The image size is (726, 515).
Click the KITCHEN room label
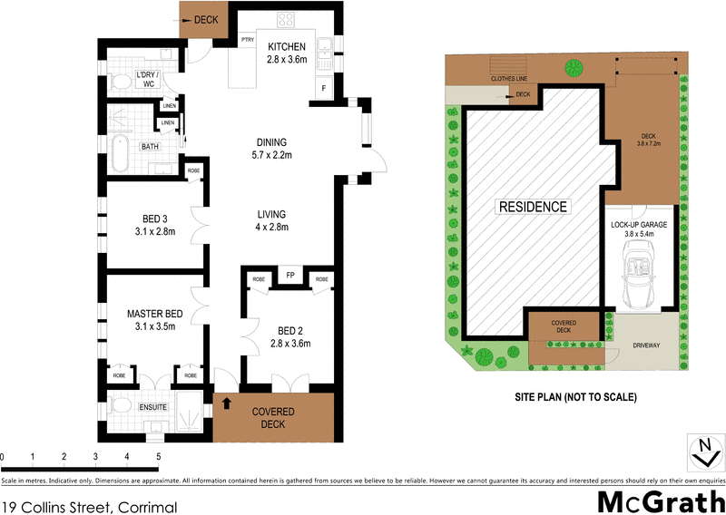[287, 47]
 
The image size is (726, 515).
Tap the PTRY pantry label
[247, 39]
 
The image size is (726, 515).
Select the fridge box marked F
[324, 88]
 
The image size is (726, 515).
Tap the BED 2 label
[290, 330]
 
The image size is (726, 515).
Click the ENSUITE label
[153, 407]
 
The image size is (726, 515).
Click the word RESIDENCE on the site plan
[534, 207]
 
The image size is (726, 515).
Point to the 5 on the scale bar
[158, 456]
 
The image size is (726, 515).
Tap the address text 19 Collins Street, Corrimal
[89, 507]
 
